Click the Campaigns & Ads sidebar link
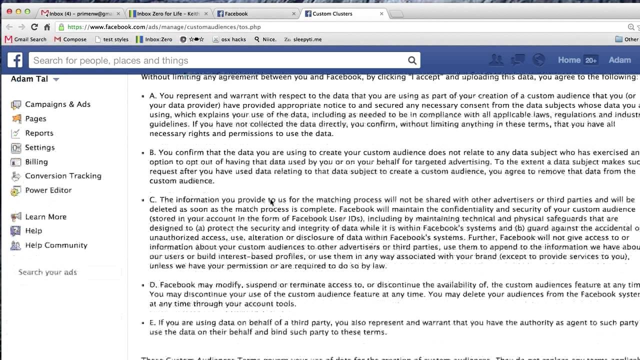pos(57,104)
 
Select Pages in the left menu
pos(35,119)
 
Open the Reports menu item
pos(39,133)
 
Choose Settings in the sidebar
pos(39,147)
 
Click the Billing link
pos(36,162)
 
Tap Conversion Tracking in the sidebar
pos(63,176)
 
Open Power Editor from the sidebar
pos(48,190)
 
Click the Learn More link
pos(45,217)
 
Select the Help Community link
pos(56,245)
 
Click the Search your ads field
pos(65,272)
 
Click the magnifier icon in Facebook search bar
pos(412,60)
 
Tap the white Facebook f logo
pos(15,60)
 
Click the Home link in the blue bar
pos(569,60)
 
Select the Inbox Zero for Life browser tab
pos(168,14)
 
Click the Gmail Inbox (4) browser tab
pos(80,14)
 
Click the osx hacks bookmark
pos(233,39)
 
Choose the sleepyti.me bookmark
pos(306,39)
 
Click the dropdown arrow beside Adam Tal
pos(56,79)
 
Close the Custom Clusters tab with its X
pos(381,14)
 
